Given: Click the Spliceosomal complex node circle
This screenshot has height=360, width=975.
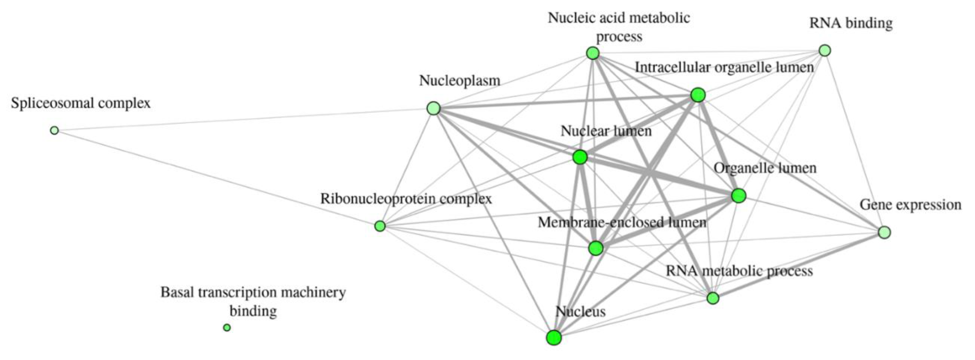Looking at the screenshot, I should click(x=54, y=131).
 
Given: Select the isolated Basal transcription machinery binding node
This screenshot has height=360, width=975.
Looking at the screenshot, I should click(x=227, y=327).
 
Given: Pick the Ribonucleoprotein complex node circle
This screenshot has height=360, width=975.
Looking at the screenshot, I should click(x=380, y=226).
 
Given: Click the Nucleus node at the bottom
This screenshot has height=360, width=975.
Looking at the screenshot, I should click(x=554, y=338).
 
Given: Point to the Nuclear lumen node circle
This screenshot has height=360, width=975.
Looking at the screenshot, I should click(x=580, y=157).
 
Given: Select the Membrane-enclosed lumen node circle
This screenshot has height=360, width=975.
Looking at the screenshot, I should click(x=596, y=248).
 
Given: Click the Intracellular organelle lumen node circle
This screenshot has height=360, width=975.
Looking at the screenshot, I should click(x=698, y=95).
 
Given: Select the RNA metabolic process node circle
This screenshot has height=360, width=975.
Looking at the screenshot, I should click(x=713, y=298).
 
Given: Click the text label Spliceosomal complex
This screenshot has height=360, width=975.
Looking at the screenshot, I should click(x=80, y=103).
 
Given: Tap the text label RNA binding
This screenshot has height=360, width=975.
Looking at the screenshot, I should click(x=851, y=24).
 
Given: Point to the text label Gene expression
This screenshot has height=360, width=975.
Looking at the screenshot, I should click(x=910, y=205).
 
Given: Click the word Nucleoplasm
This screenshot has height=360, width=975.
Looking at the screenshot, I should click(x=459, y=81).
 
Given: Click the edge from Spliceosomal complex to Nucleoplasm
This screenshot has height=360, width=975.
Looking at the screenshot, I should click(x=242, y=120).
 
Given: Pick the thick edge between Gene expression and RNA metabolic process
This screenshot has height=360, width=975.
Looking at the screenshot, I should click(x=799, y=265).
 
